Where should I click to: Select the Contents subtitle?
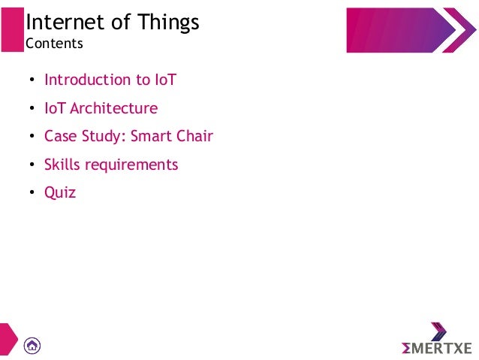[54, 44]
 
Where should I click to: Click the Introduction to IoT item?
[110, 80]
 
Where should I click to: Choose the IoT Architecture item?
[101, 108]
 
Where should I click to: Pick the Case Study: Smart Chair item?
[128, 136]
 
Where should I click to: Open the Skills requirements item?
[111, 165]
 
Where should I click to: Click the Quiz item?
[60, 192]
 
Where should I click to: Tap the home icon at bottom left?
[32, 345]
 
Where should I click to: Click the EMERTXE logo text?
[437, 348]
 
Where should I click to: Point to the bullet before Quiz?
[32, 193]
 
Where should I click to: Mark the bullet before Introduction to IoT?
[32, 80]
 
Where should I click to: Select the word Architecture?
[113, 108]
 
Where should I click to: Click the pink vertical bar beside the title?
[11, 29]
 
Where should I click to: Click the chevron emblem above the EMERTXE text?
[438, 331]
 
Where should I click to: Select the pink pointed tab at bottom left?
[8, 340]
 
